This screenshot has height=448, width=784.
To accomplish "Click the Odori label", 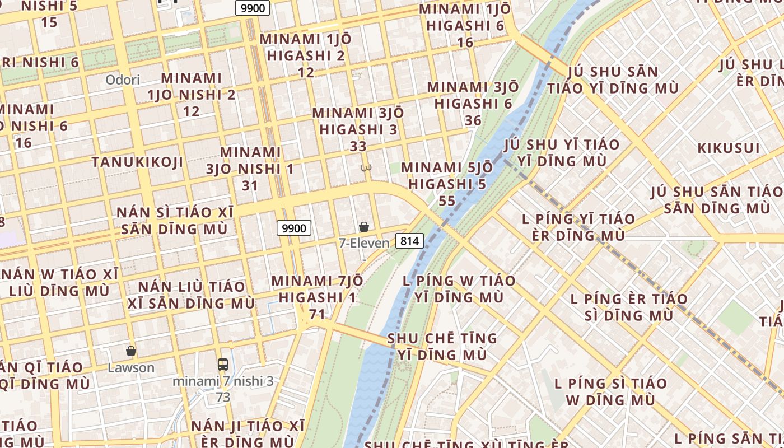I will [123, 80].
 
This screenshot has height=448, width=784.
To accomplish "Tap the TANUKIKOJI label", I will [137, 162].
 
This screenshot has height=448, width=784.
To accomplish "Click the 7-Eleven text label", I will [363, 243].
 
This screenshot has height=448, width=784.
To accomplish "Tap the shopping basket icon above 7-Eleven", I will [364, 227].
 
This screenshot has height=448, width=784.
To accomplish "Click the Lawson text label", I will [131, 368].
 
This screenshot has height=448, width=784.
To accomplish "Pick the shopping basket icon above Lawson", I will [131, 352].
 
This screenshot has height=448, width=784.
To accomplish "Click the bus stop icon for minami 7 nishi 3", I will [223, 365].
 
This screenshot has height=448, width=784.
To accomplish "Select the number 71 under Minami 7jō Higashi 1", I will [317, 314].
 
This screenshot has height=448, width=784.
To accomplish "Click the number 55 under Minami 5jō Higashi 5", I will [447, 200].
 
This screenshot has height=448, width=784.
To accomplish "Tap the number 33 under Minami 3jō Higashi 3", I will [358, 146].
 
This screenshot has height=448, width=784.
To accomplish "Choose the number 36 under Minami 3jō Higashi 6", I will [473, 120].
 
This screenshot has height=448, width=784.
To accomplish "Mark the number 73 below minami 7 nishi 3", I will [223, 398].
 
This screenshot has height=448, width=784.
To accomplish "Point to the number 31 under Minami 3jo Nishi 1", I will [250, 185].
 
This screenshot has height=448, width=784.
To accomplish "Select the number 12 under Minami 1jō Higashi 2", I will [306, 72].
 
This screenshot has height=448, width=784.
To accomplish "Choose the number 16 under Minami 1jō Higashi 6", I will [465, 42].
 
